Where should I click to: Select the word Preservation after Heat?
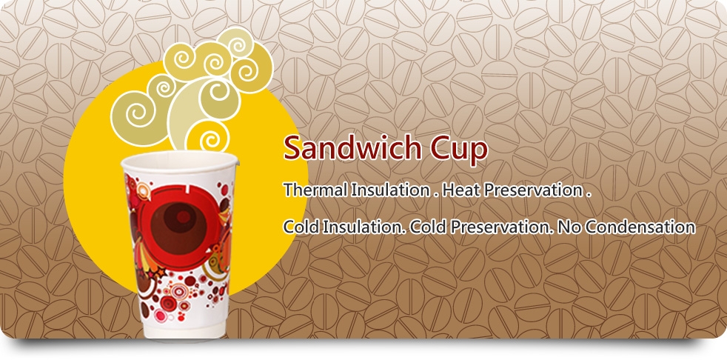pos(529,190)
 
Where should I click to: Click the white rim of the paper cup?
pos(179,161)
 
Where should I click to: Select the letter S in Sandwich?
pos(293,148)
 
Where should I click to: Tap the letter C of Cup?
pos(439,148)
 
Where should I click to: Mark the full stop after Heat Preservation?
pos(589,195)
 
